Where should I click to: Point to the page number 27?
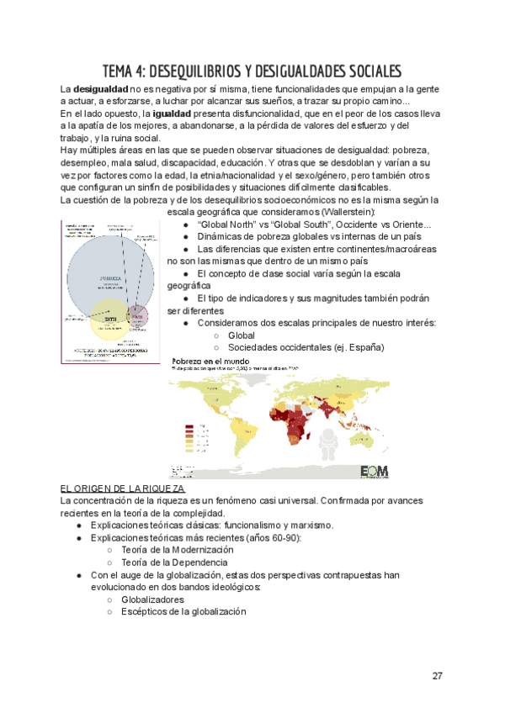click(437, 676)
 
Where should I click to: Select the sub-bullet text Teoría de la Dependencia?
click(173, 562)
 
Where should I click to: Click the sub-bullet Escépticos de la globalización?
click(183, 612)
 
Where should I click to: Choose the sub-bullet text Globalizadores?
click(152, 600)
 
